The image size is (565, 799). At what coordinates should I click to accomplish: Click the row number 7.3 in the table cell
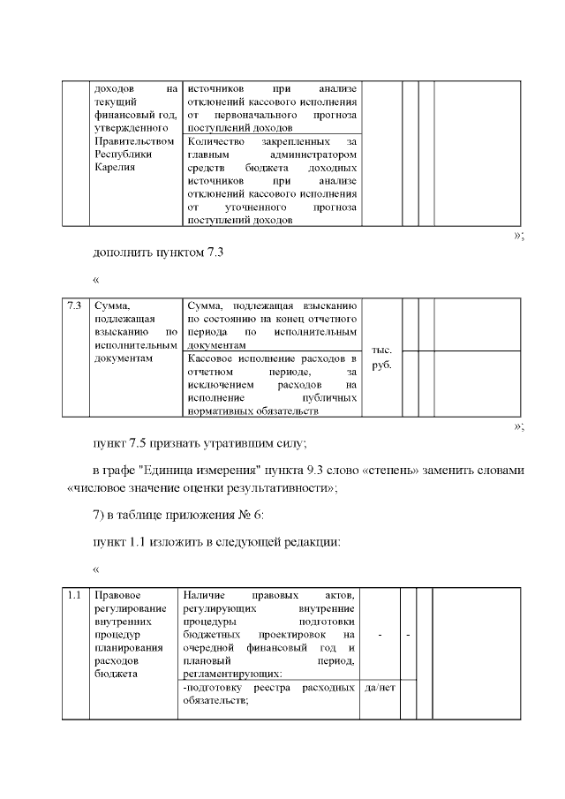75,305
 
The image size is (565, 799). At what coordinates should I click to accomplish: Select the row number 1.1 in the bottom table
75,595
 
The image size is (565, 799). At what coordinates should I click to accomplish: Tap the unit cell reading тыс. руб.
381,357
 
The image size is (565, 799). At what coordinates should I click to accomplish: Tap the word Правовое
116,595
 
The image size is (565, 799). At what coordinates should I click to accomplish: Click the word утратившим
247,441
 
